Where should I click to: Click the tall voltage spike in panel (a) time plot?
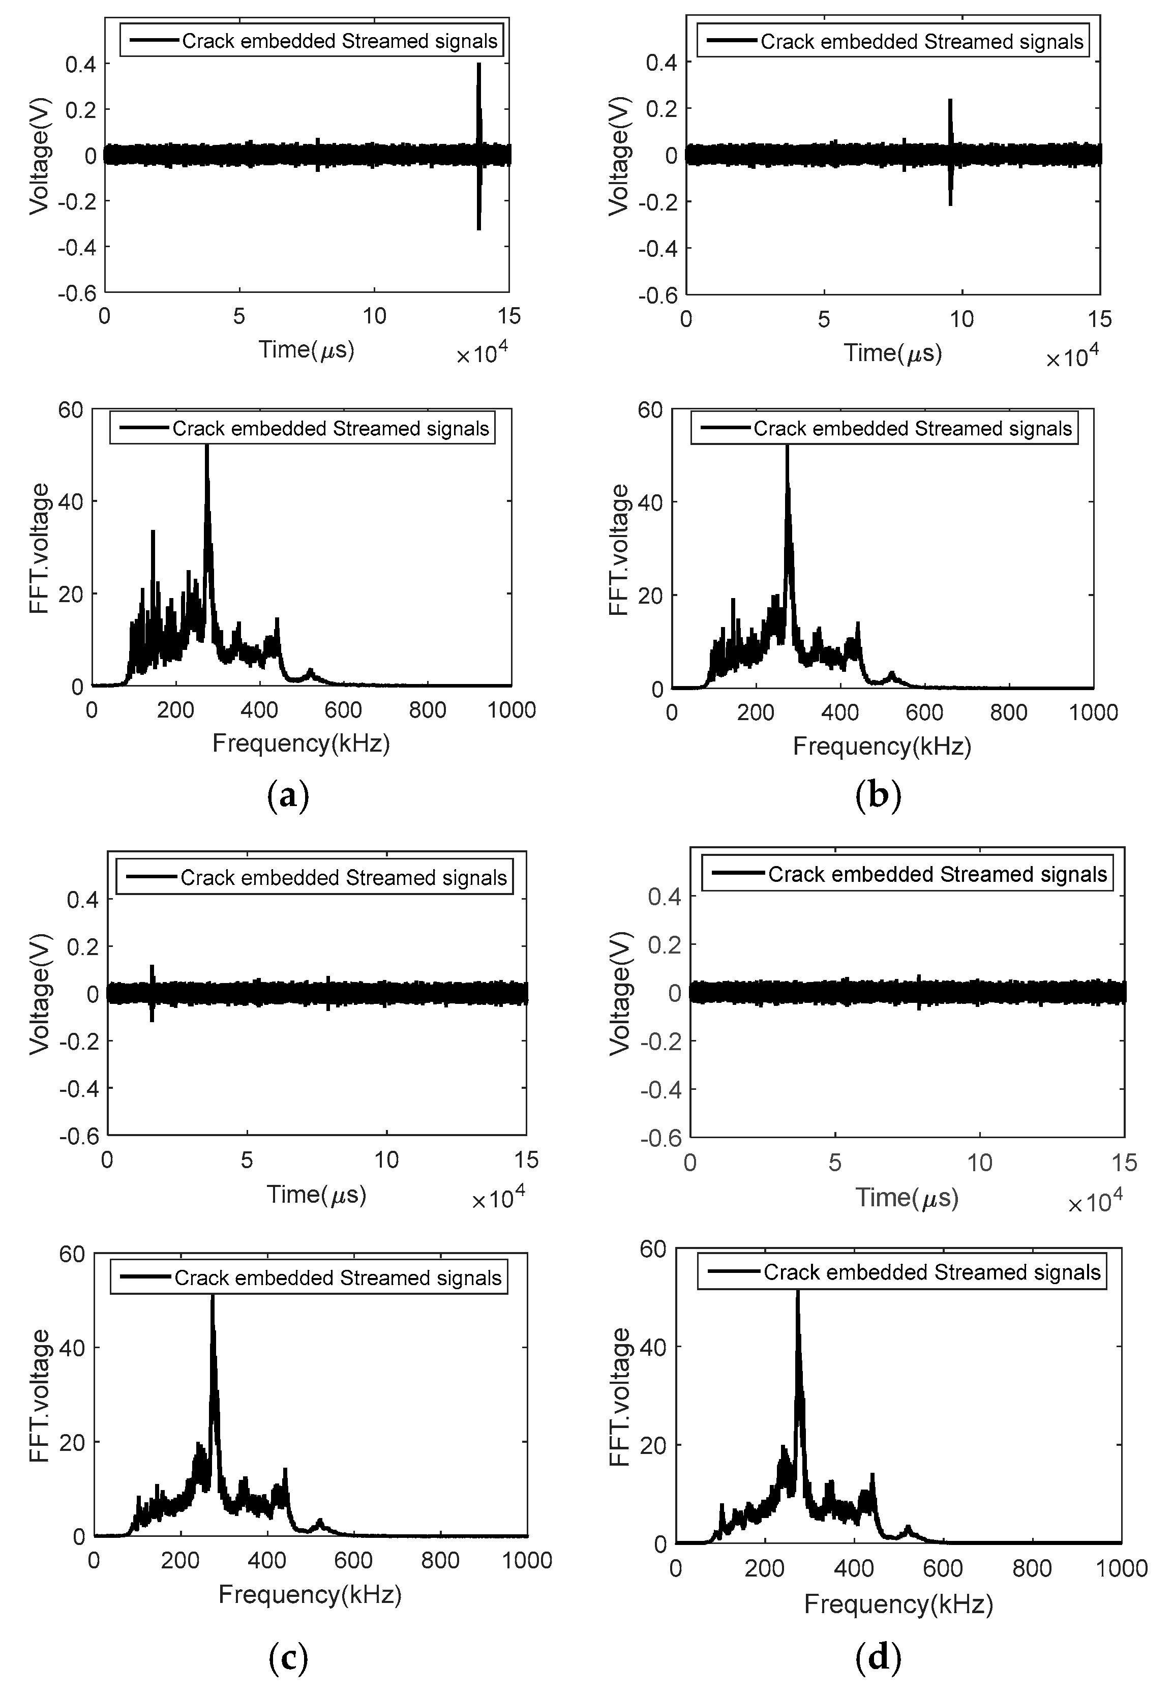(478, 110)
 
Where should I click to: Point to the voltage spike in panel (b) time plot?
(950, 125)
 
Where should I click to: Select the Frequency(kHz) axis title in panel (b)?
(882, 747)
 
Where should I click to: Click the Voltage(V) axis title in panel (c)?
(41, 994)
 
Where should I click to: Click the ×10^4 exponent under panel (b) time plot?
(1072, 358)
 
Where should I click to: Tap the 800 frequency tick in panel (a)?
(427, 710)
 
